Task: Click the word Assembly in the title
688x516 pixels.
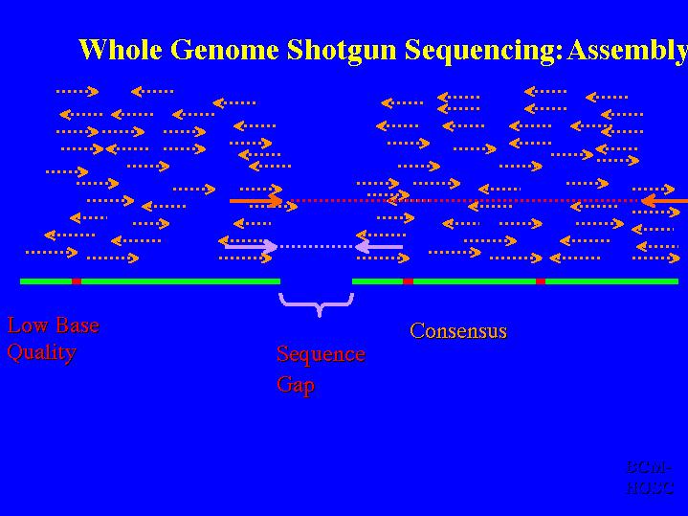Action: coord(627,50)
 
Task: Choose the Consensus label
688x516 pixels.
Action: coord(458,331)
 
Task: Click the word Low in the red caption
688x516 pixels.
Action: coord(26,325)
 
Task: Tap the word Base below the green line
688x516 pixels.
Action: coord(75,325)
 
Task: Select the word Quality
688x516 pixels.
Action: coord(41,352)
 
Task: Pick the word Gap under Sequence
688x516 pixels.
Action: coord(296,385)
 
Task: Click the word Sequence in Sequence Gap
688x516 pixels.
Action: coord(321,354)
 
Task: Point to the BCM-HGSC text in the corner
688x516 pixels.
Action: coord(651,477)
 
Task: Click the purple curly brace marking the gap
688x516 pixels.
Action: coord(317,303)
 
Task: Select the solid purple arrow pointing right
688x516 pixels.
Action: coord(251,247)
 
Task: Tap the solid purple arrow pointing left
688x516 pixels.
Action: coord(378,247)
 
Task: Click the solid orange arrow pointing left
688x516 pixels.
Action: coord(664,201)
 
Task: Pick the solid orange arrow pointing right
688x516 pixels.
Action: coord(255,201)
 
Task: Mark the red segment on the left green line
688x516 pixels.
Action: coord(77,281)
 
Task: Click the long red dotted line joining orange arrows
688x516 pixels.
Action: coord(459,201)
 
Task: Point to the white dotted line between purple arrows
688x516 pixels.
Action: coord(316,247)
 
